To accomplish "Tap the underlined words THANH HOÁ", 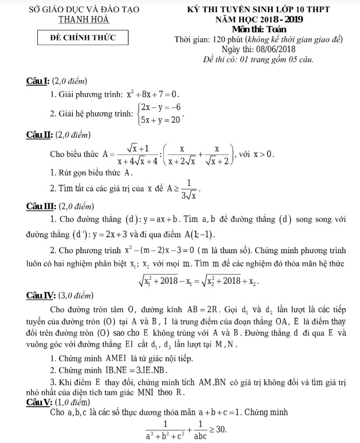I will point(83,19).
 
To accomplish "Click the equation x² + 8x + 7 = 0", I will point(153,95).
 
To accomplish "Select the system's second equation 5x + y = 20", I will point(160,121).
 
